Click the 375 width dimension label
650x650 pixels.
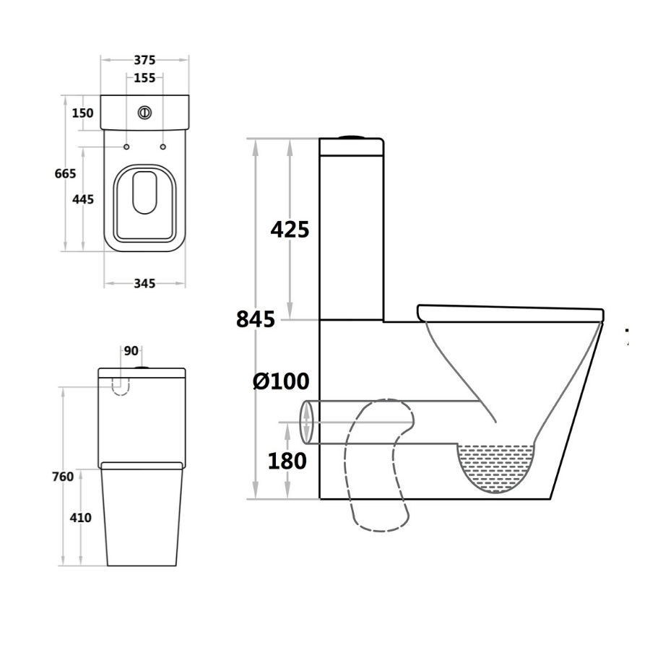tap(144, 61)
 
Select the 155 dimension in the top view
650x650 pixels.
tap(144, 78)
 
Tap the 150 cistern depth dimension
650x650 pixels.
tap(82, 113)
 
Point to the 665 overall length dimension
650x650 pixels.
tap(66, 173)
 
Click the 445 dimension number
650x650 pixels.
tap(83, 199)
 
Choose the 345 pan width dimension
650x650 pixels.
tap(144, 284)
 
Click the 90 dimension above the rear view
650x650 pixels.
tap(131, 351)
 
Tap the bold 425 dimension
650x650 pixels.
tap(290, 230)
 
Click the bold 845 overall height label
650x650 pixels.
tap(256, 318)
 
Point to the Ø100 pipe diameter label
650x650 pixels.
tap(281, 381)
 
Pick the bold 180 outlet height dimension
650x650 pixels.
tap(287, 460)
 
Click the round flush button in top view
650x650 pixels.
tap(144, 113)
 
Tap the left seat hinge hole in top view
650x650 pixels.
tap(127, 147)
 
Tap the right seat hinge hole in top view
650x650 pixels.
tap(162, 147)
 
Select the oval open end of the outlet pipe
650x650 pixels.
tap(306, 422)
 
